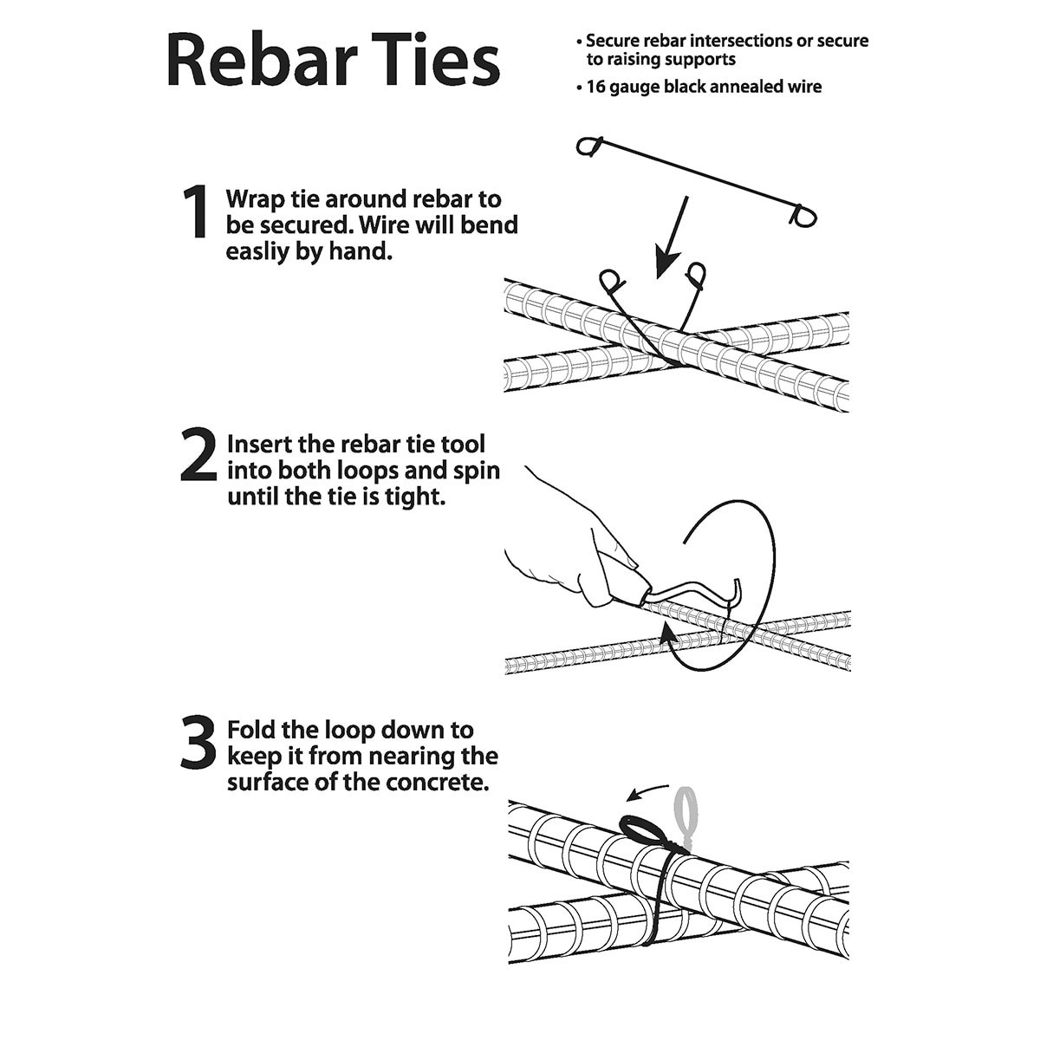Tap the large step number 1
click(x=196, y=212)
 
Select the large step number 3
click(x=198, y=742)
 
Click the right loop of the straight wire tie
click(x=803, y=214)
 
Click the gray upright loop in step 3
click(x=687, y=810)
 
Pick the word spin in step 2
click(x=475, y=471)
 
